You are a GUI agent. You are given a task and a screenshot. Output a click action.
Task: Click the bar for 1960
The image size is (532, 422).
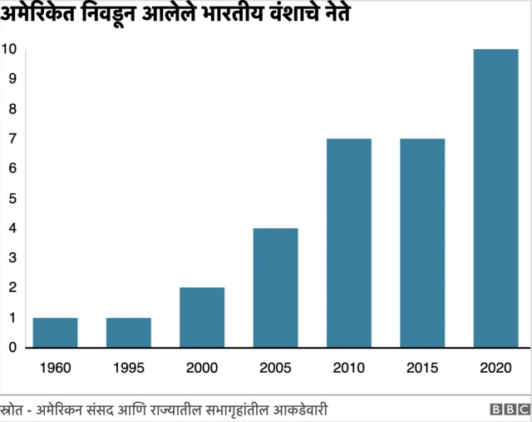55,332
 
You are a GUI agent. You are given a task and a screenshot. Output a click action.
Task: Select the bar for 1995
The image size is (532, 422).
128,332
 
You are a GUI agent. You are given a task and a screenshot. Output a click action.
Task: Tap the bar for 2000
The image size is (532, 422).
202,317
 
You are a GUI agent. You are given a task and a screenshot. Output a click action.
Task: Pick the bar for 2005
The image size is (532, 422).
275,287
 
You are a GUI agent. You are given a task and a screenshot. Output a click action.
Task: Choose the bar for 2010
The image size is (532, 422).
348,242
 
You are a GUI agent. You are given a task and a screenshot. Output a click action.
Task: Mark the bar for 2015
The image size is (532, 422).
422,242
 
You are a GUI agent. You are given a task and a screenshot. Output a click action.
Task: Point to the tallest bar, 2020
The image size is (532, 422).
495,198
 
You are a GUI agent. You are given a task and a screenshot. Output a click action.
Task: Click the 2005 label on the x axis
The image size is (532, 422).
275,368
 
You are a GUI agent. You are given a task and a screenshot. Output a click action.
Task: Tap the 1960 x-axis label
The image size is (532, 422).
55,368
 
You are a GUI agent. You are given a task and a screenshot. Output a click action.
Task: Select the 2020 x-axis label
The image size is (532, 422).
495,368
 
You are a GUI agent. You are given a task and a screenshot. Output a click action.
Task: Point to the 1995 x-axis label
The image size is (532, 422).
128,368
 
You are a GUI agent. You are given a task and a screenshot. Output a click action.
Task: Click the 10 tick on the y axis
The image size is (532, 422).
9,49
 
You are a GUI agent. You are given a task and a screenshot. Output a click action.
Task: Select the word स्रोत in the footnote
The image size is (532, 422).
14,409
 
